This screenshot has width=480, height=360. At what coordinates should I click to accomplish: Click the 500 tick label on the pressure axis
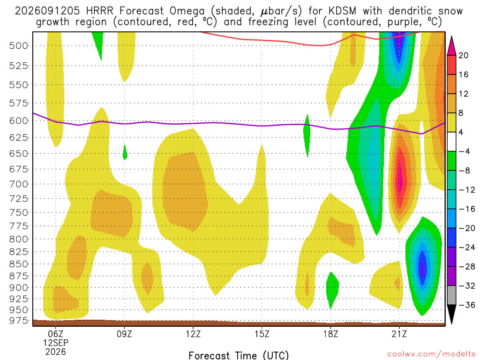pos(18,46)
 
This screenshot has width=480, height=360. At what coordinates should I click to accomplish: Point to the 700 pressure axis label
pos(18,184)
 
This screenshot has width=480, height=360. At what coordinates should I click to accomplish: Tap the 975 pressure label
pos(18,321)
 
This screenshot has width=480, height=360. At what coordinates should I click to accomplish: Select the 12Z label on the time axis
pos(193,334)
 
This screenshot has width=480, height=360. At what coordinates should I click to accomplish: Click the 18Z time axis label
pos(330,334)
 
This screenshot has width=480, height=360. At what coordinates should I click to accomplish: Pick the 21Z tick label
pos(399,334)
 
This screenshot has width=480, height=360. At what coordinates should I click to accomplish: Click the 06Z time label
pos(56,334)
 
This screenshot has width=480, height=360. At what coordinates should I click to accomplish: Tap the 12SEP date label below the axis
pos(56,343)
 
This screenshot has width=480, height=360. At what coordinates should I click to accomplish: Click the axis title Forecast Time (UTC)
pos(239,355)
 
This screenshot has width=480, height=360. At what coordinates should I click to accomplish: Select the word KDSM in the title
pos(342,11)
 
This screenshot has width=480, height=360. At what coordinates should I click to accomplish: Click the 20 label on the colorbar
pos(463,55)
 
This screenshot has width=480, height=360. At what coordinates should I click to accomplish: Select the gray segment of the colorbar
pos(451,295)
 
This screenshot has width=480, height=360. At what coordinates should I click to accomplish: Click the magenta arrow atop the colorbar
pos(451,46)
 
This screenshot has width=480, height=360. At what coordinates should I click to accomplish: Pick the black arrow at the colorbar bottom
pos(451,314)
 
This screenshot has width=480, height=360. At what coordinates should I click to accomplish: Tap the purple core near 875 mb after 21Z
pos(423,269)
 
